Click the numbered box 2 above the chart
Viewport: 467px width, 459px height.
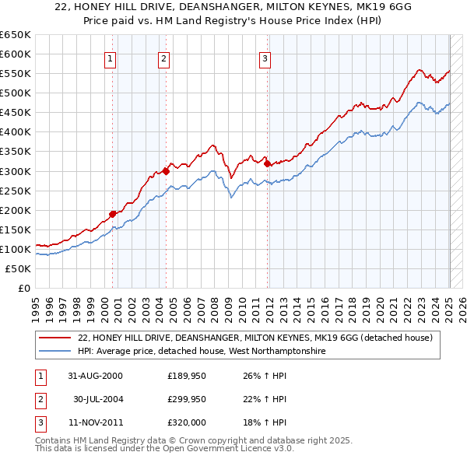(x=163, y=58)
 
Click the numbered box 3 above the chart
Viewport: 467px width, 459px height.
(x=265, y=58)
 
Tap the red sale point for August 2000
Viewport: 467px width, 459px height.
(x=112, y=213)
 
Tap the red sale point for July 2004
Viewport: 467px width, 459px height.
(x=166, y=170)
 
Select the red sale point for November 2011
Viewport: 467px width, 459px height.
(x=267, y=163)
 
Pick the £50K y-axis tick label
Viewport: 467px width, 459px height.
(x=18, y=268)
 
